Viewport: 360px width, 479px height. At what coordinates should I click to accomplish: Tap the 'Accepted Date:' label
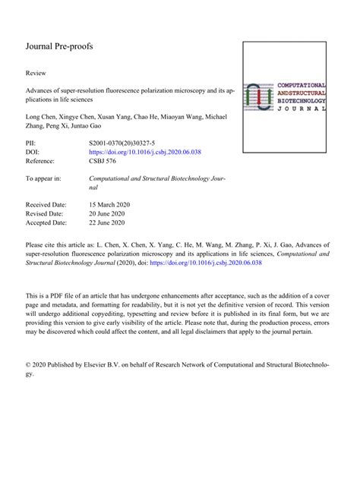pyautogui.click(x=46, y=223)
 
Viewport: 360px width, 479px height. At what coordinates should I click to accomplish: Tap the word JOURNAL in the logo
pyautogui.click(x=302, y=109)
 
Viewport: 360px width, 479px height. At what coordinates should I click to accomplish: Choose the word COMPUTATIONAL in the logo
pyautogui.click(x=302, y=85)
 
